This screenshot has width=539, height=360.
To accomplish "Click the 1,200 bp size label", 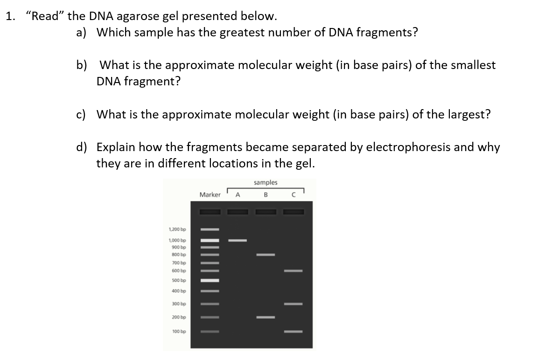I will (177, 229).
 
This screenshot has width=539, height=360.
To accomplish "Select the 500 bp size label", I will (179, 280).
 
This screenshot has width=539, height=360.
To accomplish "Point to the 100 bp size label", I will (179, 332).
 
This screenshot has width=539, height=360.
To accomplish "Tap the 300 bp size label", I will (179, 304).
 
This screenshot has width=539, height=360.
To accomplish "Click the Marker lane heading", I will (210, 195).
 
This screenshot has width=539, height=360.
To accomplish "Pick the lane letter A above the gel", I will (238, 195).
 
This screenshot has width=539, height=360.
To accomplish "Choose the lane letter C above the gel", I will (294, 195).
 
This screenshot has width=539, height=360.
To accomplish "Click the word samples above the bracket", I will (266, 182).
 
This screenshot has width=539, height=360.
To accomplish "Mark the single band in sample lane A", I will (238, 241).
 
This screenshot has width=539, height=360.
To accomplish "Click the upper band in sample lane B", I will (266, 255).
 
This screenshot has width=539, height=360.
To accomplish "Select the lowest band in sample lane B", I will (266, 318).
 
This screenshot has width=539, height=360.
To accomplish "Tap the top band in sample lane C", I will (294, 270).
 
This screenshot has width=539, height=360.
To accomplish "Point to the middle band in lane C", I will (294, 304).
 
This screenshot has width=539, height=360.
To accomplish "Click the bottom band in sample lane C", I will (294, 332).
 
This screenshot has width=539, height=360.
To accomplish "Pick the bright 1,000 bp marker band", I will (210, 241).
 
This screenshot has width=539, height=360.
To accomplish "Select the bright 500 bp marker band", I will (210, 280).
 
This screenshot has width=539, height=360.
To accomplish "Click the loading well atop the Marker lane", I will (210, 212).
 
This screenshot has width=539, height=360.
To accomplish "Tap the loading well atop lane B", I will (266, 212).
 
